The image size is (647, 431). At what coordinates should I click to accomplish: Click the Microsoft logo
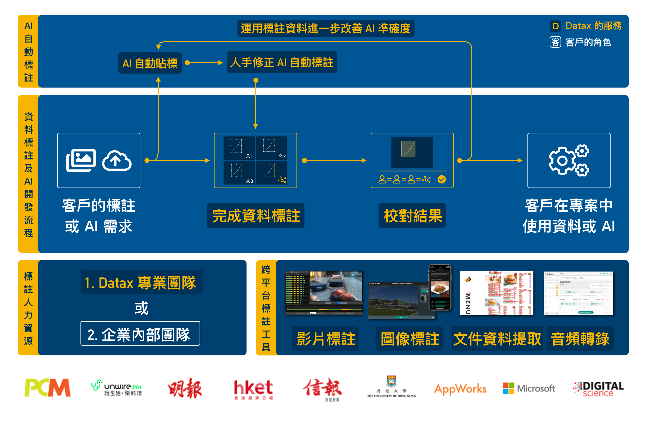coord(529,388)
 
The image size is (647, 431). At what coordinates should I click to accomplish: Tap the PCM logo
coord(47,388)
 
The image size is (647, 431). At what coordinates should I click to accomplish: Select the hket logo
coord(253,389)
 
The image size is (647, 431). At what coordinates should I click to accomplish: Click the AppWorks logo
coord(460,389)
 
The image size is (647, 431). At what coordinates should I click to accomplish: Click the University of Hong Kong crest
coord(391,381)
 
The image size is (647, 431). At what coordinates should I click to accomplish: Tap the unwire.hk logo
coord(117,388)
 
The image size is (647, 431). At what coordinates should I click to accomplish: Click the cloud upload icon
coord(117,161)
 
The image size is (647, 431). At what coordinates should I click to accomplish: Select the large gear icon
coord(562,161)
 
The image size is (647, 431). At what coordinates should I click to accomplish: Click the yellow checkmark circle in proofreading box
coord(442,179)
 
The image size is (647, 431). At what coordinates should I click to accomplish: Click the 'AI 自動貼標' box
coord(150,63)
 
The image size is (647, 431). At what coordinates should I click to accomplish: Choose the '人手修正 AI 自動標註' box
coord(282,62)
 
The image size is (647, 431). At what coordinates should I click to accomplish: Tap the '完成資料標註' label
coord(256,215)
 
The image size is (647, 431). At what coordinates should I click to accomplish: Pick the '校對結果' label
coord(412,215)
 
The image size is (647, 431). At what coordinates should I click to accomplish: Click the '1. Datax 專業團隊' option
coord(141,282)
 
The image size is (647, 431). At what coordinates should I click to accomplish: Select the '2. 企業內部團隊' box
coord(140,334)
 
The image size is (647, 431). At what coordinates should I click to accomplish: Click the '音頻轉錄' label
coord(580,339)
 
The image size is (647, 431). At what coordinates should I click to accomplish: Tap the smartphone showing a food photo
coord(440,287)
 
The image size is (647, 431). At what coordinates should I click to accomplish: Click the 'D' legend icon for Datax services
coord(555,26)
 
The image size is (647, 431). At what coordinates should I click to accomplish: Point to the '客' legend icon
coord(555,42)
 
